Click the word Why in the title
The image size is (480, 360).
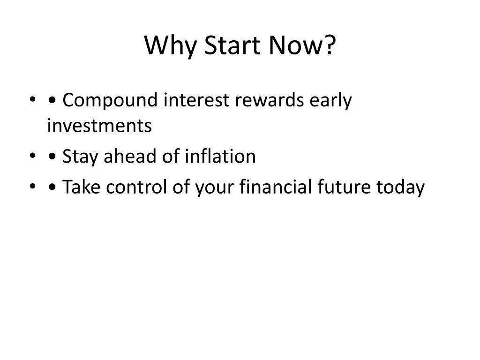tap(170, 46)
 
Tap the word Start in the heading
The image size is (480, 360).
tap(232, 45)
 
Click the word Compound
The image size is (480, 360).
tap(110, 101)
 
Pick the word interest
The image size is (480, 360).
tap(196, 100)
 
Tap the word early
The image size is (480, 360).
tap(330, 101)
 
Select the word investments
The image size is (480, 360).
tap(99, 126)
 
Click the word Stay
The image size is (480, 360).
tap(80, 157)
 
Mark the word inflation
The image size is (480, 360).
tap(220, 156)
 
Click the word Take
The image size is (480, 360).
tap(81, 187)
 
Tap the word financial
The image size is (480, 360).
tap(275, 187)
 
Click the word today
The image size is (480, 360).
tap(400, 187)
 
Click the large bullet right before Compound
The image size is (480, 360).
tap(52, 100)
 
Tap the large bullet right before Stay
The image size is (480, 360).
tap(52, 156)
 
